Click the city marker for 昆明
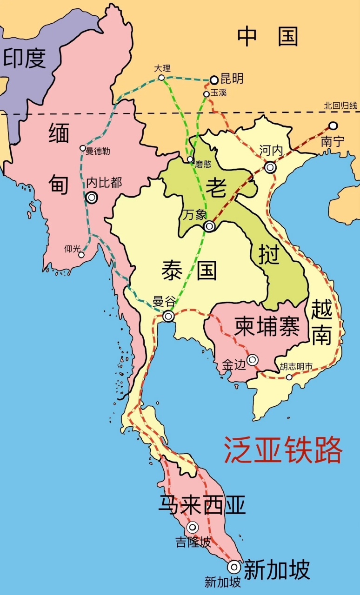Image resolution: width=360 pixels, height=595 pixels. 214,80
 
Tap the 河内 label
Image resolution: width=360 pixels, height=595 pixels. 271,150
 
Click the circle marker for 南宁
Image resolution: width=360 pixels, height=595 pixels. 333,126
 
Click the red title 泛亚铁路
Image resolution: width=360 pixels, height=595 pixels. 283,450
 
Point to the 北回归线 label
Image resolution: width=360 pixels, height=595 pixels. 341,106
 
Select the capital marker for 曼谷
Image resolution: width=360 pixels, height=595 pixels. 168,316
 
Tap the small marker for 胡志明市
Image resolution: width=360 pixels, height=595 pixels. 289,377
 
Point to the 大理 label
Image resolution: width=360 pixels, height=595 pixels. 162,68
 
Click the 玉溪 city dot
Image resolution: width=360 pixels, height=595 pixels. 206,94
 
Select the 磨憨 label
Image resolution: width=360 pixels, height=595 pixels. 203,164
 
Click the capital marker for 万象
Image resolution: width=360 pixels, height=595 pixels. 209,226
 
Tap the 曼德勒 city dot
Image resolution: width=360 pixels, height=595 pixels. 83,148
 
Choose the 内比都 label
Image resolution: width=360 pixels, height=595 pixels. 104,183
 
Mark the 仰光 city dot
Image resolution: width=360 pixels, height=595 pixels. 81,255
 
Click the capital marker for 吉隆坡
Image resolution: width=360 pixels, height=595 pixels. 192,527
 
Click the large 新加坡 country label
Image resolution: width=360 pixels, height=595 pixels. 277,570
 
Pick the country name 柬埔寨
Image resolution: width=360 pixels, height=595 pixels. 267,326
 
